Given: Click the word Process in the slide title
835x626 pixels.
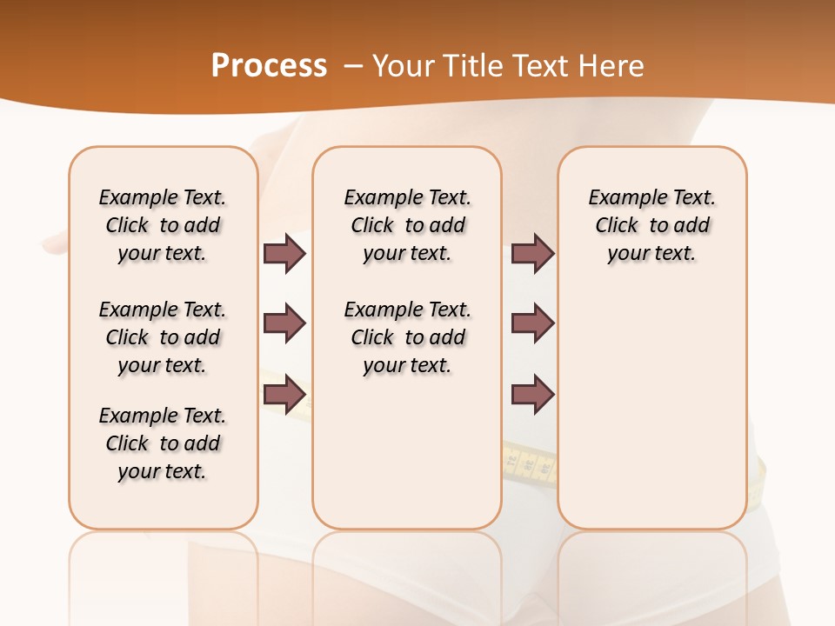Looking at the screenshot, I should coord(269,65).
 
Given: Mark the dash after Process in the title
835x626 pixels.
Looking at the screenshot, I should coord(353,66).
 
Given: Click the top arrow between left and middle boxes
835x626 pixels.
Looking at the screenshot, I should coord(284,253).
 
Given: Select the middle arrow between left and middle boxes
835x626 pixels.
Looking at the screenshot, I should coord(284,323).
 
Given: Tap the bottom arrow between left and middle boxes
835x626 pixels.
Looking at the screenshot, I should coord(284,395).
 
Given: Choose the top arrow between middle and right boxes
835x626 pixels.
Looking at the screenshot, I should coord(532,253).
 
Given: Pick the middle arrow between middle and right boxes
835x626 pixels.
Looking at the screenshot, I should coord(532,323).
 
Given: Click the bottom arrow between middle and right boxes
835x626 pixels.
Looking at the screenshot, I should coord(532,395).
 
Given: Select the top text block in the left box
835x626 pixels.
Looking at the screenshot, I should coord(163,225).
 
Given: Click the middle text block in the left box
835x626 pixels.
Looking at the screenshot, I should coord(163,337).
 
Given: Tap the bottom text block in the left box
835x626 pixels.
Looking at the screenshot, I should coord(163,443).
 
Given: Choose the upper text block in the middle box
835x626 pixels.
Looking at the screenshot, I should coord(407,225).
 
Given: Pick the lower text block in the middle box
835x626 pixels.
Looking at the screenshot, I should coord(407,337).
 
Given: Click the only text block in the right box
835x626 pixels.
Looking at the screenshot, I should coord(651,225).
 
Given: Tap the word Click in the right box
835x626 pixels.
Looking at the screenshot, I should coord(617,225).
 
